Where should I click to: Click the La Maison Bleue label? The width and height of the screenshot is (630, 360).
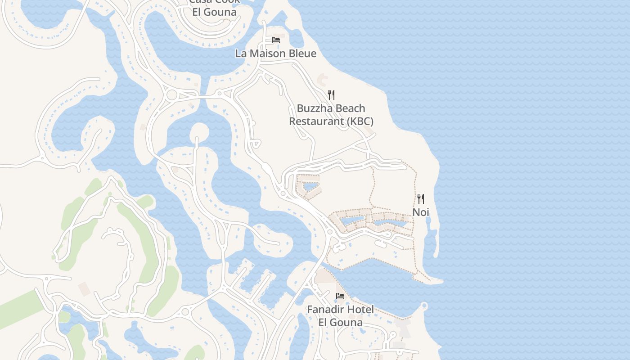point(275,54)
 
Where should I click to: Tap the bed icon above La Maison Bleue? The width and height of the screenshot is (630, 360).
point(276,40)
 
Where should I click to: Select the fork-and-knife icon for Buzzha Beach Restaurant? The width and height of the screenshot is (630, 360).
point(331,94)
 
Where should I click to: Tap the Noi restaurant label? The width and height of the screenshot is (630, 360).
point(421,212)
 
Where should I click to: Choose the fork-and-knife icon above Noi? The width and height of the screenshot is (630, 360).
point(421,198)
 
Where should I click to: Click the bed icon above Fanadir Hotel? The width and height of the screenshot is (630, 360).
point(340,296)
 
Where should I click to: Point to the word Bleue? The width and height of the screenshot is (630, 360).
point(302,54)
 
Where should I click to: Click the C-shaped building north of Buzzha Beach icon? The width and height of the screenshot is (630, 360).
point(323,80)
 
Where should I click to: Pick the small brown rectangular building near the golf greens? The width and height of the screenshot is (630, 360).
point(84,289)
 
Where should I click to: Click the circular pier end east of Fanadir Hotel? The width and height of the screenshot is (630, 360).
point(424,306)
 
